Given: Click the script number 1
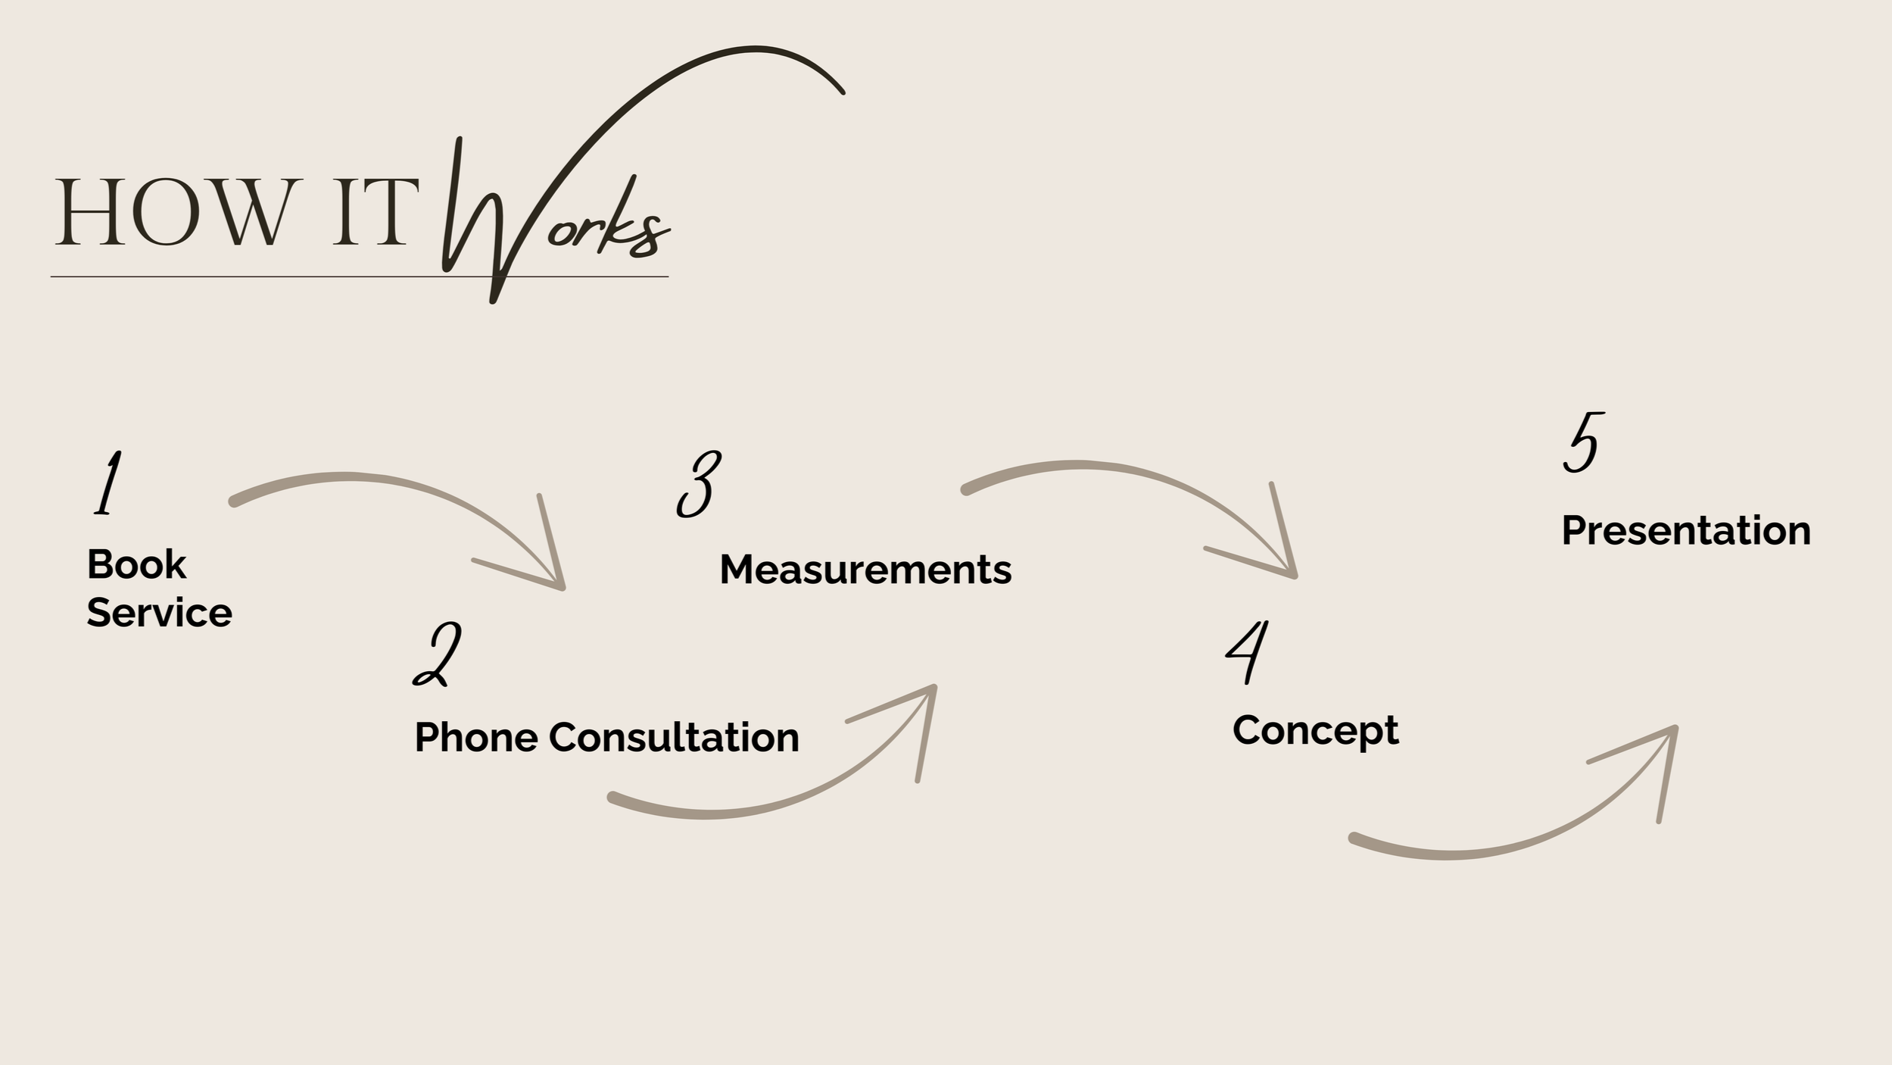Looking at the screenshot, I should click(x=108, y=483).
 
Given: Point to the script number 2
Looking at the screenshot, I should click(x=438, y=655).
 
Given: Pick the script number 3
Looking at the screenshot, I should click(x=698, y=485).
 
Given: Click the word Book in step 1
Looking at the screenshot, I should click(x=136, y=564).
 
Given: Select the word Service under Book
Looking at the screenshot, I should click(x=159, y=613).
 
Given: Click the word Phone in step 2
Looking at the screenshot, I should click(x=476, y=737).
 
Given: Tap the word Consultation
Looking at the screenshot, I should click(x=674, y=737).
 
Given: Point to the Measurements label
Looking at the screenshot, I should click(x=865, y=570).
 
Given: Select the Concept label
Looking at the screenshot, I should click(x=1316, y=731).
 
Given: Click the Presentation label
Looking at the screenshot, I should click(x=1686, y=530).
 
